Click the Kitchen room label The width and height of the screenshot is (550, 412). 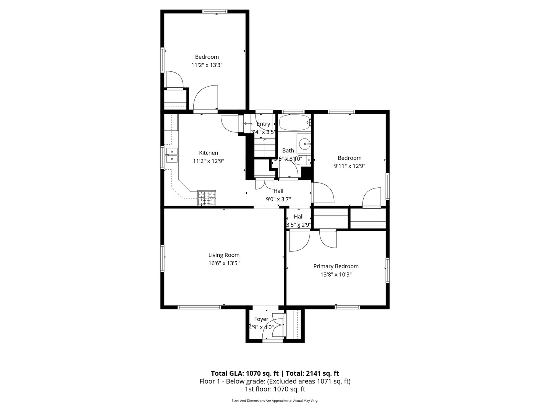pos(209,153)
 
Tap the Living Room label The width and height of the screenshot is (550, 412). pos(224,255)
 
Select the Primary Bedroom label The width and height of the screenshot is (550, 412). pos(336,266)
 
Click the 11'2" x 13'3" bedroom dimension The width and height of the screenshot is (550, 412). pos(207,65)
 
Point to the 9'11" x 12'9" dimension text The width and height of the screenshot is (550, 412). pos(349,166)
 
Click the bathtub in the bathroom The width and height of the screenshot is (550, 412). pos(294,123)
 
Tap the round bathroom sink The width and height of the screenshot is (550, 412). pos(304,144)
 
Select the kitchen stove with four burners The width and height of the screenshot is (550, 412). pos(207,198)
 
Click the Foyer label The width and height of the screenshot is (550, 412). pos(261,319)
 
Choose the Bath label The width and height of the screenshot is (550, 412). pos(288,151)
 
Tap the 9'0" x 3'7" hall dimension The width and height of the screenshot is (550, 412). pos(278,199)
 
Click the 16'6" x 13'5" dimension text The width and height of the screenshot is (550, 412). pos(224,263)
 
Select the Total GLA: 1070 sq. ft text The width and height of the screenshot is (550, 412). pos(244,373)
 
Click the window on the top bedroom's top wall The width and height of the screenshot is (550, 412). pos(215,11)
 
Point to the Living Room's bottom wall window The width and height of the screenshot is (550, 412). pos(199,307)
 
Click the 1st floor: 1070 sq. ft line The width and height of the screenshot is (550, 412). pos(275,389)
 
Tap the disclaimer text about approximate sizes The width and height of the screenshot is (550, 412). pos(275,401)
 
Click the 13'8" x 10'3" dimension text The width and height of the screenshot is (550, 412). pos(336,274)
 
